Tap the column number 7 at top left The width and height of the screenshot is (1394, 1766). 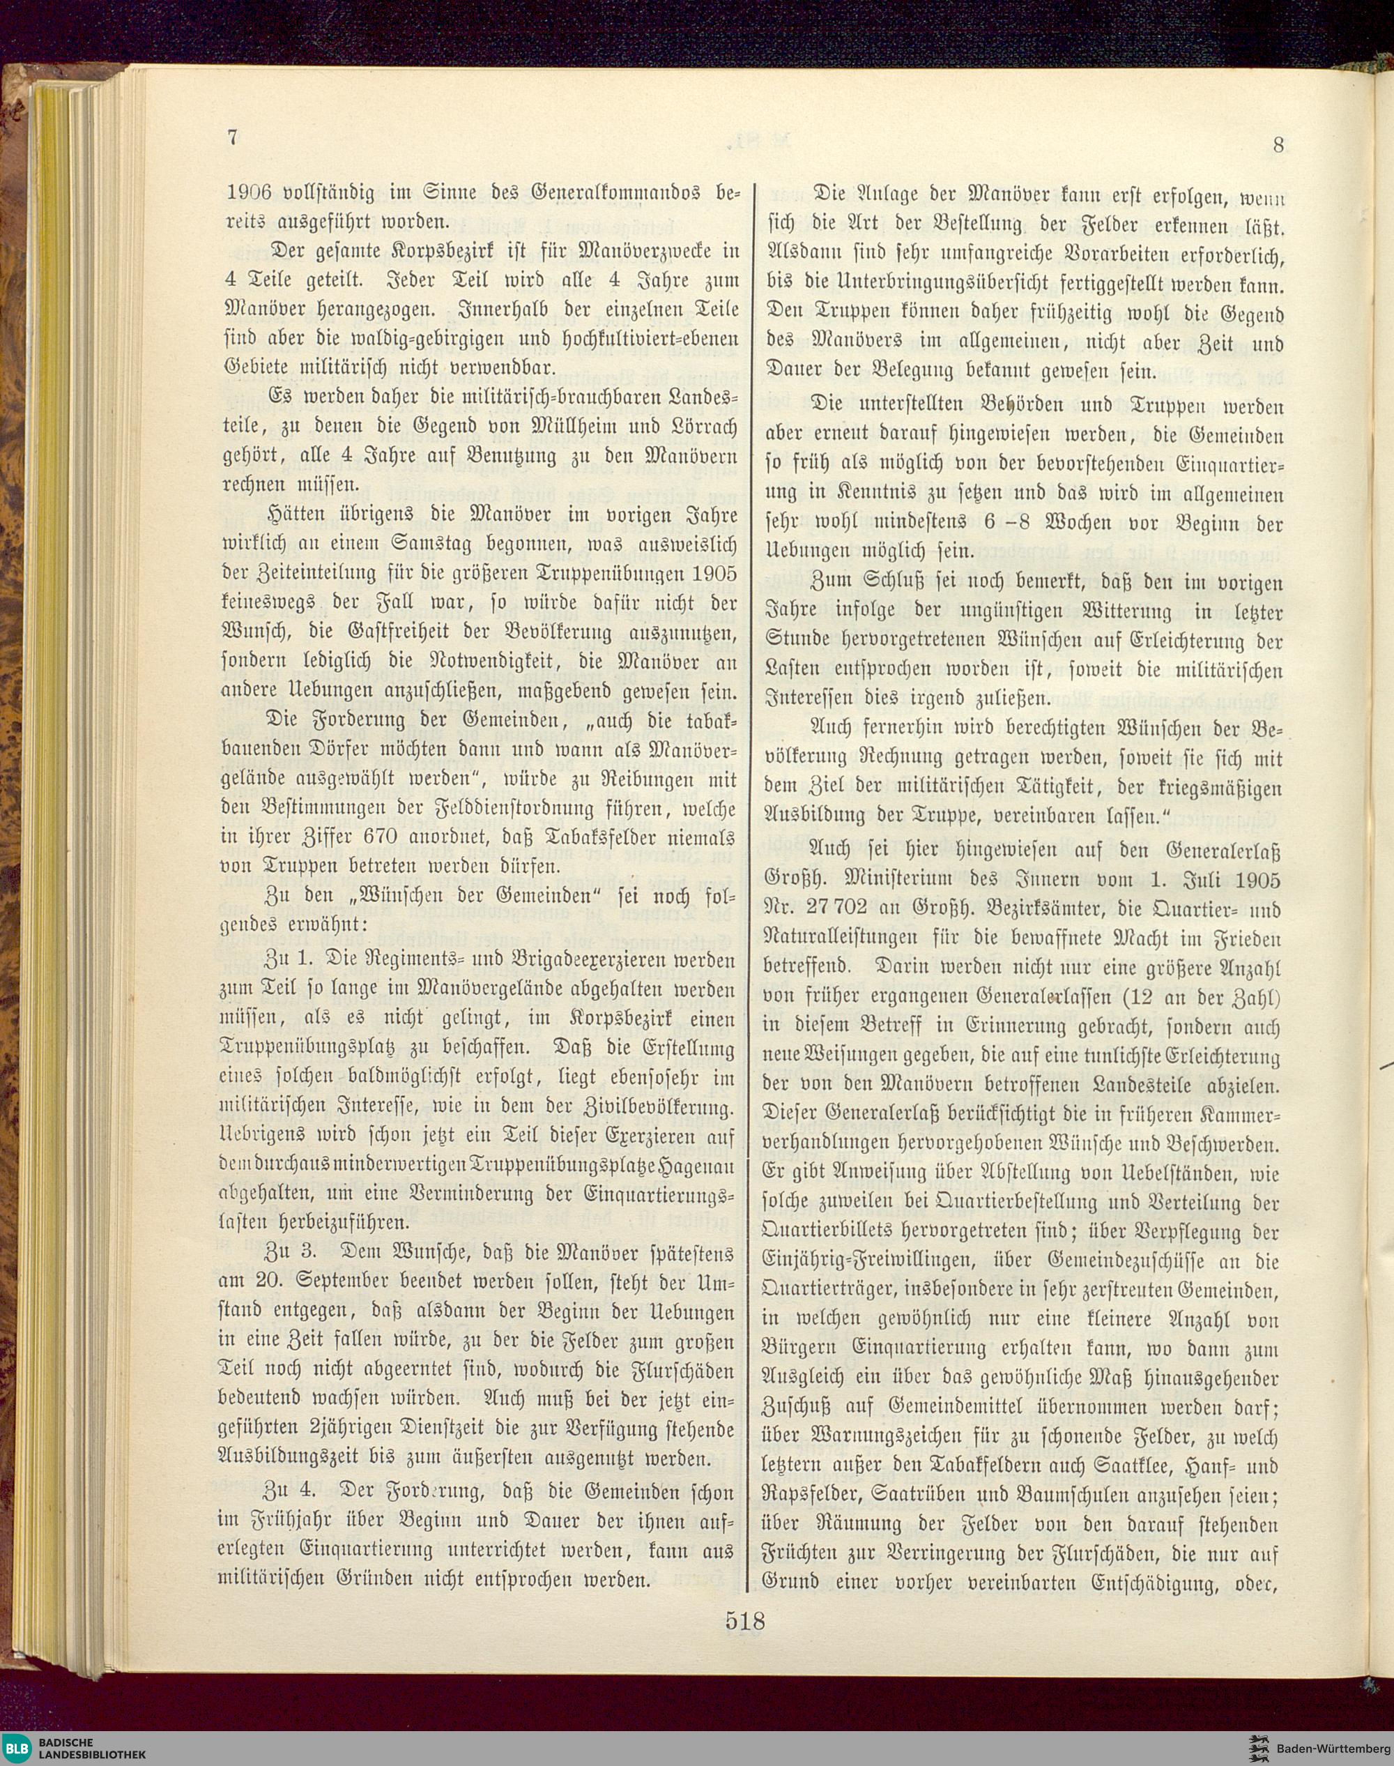pos(233,137)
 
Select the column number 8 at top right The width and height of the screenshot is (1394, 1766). pos(1278,145)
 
